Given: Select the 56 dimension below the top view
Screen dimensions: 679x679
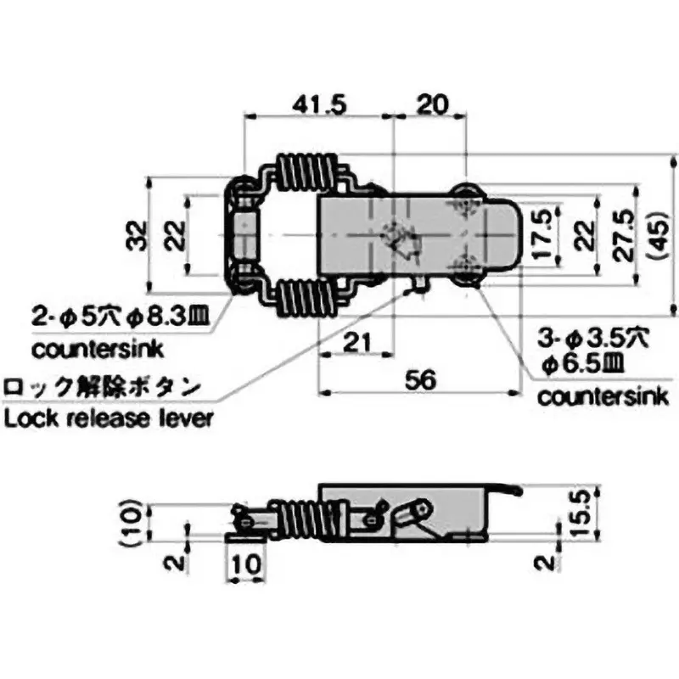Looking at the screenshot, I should [x=420, y=381].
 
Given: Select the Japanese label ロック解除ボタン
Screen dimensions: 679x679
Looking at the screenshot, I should [x=102, y=389].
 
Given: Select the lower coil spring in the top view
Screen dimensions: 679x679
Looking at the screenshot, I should [x=311, y=299].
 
